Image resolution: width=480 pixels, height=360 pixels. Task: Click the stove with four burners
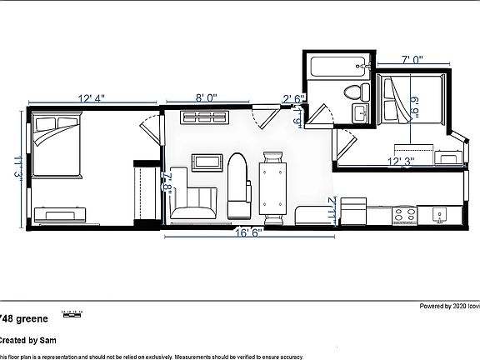click(x=406, y=216)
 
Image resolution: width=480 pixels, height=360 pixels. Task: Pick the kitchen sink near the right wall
click(x=437, y=216)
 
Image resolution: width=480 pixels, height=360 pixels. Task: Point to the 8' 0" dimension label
click(x=206, y=98)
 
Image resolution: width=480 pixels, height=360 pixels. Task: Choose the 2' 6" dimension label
click(x=294, y=99)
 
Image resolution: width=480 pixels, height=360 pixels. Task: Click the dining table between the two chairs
click(x=272, y=187)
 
